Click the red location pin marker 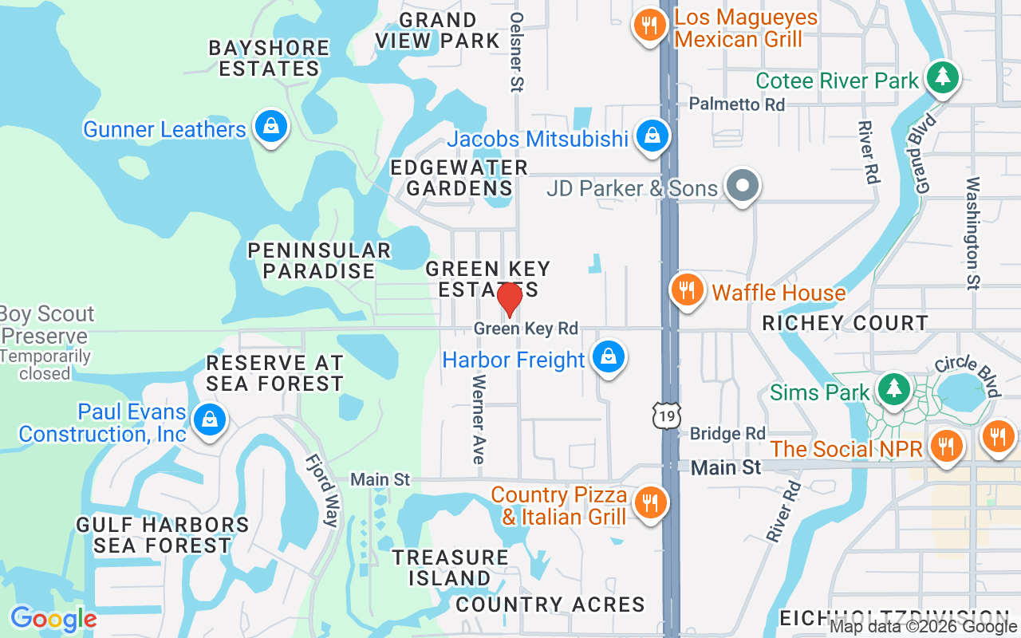(x=510, y=299)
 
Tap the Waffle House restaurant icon (x=686, y=289)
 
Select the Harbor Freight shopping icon (x=609, y=358)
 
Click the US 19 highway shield (x=665, y=415)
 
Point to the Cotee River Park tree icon (x=943, y=77)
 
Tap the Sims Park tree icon (x=893, y=390)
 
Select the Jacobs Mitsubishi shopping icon (x=652, y=137)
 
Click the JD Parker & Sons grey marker (x=743, y=187)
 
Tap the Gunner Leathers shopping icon (x=271, y=127)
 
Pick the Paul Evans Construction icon (x=210, y=419)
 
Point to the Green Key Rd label (x=526, y=329)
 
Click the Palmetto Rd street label (x=737, y=104)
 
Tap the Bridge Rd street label (x=727, y=434)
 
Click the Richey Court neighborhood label (x=845, y=323)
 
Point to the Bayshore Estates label (x=269, y=58)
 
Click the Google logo (x=53, y=619)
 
